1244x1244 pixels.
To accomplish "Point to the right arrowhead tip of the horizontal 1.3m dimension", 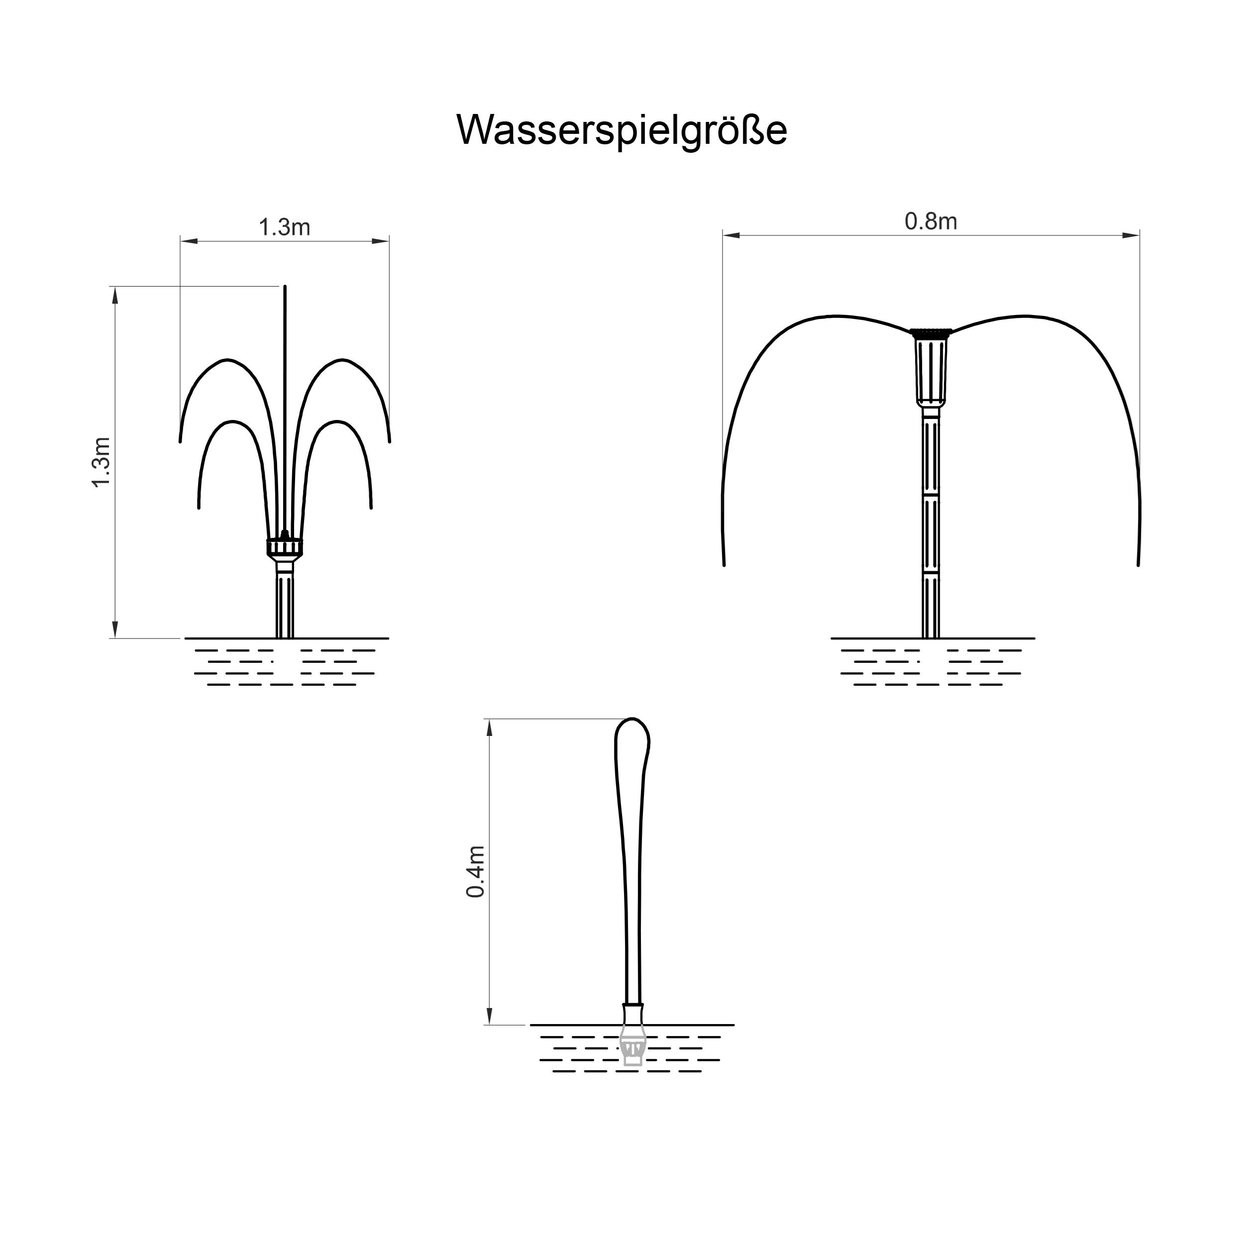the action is (389, 241).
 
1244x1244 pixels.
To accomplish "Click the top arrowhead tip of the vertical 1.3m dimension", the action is (115, 287).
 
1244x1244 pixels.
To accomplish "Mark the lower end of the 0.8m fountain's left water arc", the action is (725, 565).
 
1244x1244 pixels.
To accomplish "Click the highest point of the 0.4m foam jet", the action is (633, 718).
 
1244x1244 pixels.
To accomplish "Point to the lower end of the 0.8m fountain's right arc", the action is (1138, 565).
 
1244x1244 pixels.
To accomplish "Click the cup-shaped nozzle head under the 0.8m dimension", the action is (931, 368).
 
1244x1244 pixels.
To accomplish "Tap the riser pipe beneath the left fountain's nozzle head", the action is (285, 599).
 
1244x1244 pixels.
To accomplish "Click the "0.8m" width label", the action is (931, 221).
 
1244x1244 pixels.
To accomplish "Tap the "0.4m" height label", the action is (476, 872).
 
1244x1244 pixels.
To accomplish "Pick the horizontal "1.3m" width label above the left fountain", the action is (284, 227).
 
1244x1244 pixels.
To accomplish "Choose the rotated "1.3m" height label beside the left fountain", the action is (102, 462).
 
